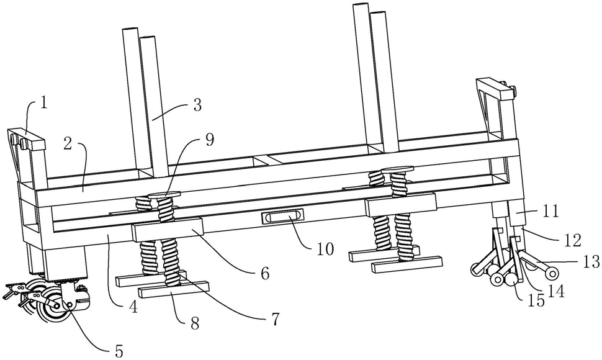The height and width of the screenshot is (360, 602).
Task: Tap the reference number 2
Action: click(68, 144)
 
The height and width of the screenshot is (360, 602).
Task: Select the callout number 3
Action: click(197, 105)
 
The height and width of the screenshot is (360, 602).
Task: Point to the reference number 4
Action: click(133, 307)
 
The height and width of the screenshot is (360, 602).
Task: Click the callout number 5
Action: click(119, 350)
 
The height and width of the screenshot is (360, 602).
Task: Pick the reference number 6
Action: click(264, 273)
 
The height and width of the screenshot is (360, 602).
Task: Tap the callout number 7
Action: click(275, 318)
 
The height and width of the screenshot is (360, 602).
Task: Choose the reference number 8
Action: click(195, 323)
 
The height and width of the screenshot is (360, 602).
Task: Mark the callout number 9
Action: click(209, 140)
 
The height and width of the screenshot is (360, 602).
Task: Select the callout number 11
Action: click(551, 210)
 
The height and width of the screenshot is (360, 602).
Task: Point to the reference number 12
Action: click(572, 240)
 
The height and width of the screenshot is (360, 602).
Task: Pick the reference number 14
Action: click(556, 291)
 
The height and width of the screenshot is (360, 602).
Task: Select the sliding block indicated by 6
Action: click(168, 229)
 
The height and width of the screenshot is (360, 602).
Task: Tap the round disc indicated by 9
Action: click(164, 195)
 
